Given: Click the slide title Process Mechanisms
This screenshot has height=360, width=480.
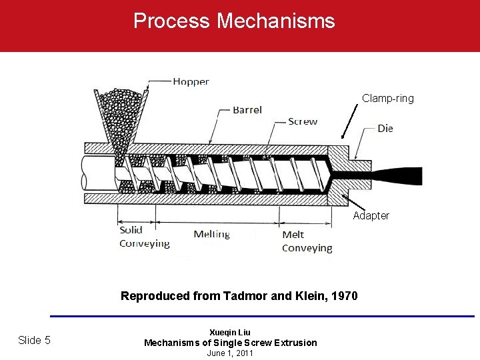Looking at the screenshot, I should (x=234, y=21).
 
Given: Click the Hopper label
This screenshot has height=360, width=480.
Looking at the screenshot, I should (x=191, y=82).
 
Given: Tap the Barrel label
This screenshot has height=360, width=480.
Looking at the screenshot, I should (x=247, y=110).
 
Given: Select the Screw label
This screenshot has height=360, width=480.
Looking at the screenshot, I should (x=303, y=121).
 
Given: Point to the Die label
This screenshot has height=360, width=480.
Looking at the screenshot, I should (x=385, y=128).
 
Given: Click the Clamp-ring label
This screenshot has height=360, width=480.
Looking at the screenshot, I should (x=388, y=99).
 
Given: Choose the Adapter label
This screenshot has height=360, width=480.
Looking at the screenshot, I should (x=371, y=215).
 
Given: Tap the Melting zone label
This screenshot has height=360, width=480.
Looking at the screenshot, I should (x=211, y=234).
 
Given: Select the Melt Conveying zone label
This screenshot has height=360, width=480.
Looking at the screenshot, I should (x=307, y=241).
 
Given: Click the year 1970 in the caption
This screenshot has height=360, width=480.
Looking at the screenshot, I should (x=344, y=296).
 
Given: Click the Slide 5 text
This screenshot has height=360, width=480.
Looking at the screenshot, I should (x=34, y=340).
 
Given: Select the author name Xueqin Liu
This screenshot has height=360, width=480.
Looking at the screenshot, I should (x=230, y=332).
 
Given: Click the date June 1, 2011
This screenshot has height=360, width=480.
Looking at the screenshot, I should (x=230, y=353).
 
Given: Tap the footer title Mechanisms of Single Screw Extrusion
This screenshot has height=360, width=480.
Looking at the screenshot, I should (x=231, y=343).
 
